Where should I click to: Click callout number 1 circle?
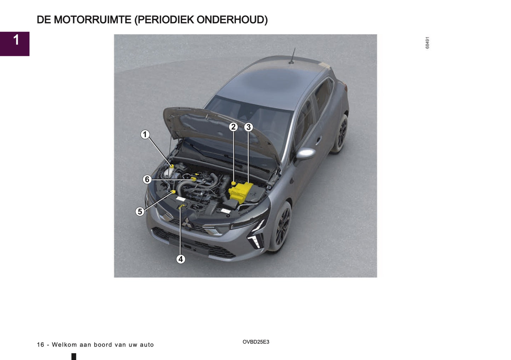click(145, 134)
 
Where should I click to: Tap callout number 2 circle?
click(233, 127)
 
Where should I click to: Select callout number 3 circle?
click(249, 127)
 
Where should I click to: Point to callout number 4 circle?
click(181, 259)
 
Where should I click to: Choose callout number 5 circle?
click(140, 211)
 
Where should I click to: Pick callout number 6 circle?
click(147, 179)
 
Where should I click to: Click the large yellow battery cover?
click(241, 192)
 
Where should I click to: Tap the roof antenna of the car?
click(292, 57)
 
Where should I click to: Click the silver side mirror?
click(306, 153)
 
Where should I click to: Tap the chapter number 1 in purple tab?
click(16, 40)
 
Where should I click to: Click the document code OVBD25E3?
click(256, 342)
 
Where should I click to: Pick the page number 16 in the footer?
click(40, 345)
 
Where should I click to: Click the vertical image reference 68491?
click(427, 43)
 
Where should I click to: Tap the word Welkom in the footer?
click(64, 345)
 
